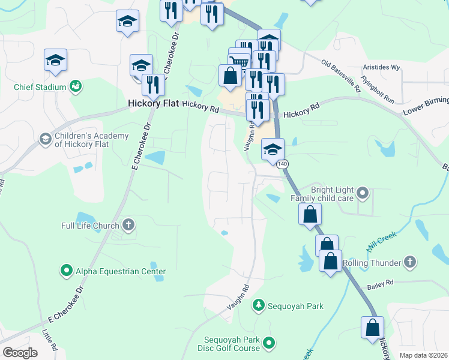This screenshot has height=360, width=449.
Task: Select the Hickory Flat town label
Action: pyautogui.click(x=154, y=104)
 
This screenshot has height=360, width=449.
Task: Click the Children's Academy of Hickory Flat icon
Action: pyautogui.click(x=45, y=139)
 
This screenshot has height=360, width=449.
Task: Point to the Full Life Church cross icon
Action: pyautogui.click(x=128, y=226)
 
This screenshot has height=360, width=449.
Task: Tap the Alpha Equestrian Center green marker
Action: pyautogui.click(x=66, y=271)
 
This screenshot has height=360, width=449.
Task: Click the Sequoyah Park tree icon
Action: pyautogui.click(x=258, y=305)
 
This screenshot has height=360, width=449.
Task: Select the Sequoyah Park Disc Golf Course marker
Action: pyautogui.click(x=270, y=343)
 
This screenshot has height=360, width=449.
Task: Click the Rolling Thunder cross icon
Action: pyautogui.click(x=409, y=262)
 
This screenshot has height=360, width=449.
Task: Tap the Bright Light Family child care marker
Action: pyautogui.click(x=362, y=193)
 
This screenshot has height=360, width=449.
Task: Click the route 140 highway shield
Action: pyautogui.click(x=283, y=164)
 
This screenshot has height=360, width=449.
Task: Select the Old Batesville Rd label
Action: pyautogui.click(x=340, y=76)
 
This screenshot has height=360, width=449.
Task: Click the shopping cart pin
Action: pyautogui.click(x=239, y=60)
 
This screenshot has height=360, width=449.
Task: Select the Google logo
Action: pyautogui.click(x=20, y=353)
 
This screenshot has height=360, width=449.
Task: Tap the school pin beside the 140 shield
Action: pyautogui.click(x=273, y=150)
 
